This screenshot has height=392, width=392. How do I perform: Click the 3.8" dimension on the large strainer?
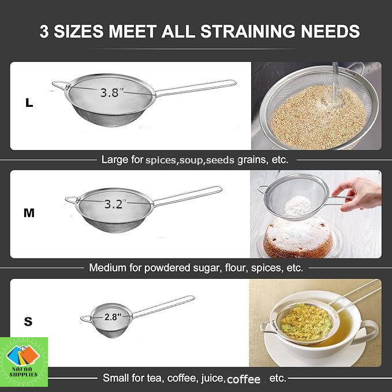click(111, 92)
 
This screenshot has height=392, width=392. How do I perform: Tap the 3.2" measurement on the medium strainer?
click(115, 204)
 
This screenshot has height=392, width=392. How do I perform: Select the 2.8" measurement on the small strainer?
click(113, 317)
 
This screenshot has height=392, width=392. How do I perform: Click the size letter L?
click(29, 103)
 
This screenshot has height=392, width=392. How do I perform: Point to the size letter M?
click(29, 213)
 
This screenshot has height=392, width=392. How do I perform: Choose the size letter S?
click(28, 321)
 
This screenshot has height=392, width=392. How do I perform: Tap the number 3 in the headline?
click(44, 32)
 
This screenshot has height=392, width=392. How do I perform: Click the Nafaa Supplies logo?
click(24, 361)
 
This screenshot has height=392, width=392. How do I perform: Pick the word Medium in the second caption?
click(108, 268)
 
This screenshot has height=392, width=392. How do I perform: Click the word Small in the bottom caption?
click(115, 378)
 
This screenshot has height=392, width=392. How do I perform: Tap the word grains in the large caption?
click(252, 160)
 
